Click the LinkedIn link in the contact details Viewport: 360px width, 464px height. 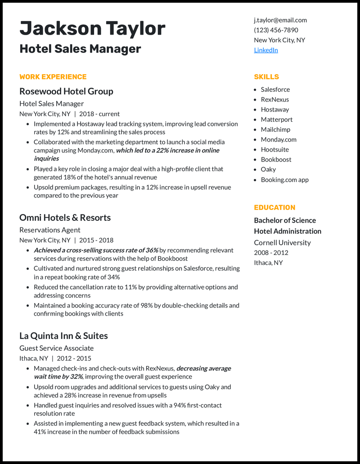click(x=266, y=50)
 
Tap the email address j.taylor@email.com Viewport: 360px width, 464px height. click(x=280, y=20)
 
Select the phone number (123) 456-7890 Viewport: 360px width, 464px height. click(x=276, y=30)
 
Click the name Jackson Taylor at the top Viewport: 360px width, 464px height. click(x=92, y=28)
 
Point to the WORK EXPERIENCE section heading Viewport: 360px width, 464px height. click(x=53, y=76)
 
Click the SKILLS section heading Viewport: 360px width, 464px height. click(x=266, y=76)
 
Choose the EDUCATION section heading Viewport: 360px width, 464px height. click(x=274, y=207)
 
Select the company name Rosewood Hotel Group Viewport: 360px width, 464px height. click(x=66, y=91)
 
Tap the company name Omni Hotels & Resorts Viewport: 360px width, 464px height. click(x=65, y=218)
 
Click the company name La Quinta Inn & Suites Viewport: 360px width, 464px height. click(x=63, y=336)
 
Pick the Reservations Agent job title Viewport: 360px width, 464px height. click(x=50, y=230)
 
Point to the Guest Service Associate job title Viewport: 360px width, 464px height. click(x=57, y=348)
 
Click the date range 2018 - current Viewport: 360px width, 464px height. click(x=99, y=114)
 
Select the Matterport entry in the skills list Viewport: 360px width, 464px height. click(x=277, y=120)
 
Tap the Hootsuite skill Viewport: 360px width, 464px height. click(x=275, y=149)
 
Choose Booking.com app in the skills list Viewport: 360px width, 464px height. click(x=285, y=179)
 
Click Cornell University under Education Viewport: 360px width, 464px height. click(x=282, y=242)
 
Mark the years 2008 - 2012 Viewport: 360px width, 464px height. click(x=271, y=253)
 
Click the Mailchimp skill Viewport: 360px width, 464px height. click(x=275, y=129)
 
